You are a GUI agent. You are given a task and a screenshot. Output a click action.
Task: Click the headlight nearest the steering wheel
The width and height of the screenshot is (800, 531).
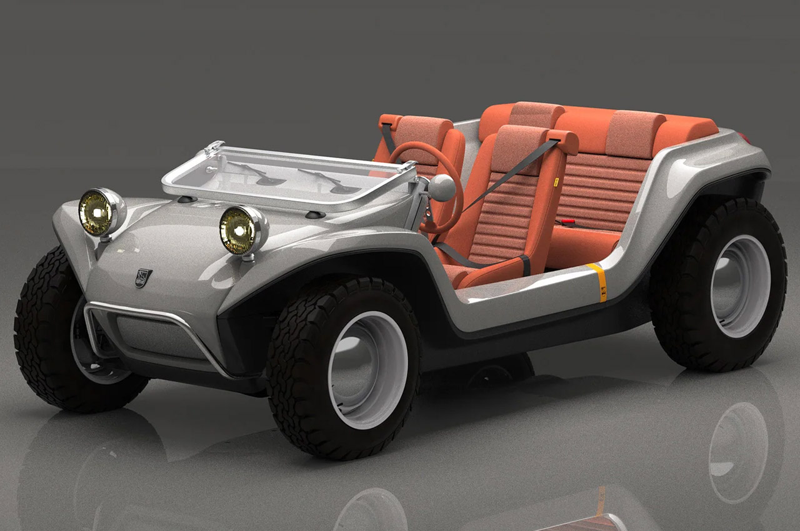coord(243,229)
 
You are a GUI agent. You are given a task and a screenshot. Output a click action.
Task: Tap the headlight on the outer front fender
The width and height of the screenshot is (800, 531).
coord(100,212)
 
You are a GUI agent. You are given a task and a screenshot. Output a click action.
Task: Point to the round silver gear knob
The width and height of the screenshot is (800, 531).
coord(442,188)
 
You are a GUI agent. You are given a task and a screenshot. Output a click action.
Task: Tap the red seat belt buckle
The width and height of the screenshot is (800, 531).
coord(567,221)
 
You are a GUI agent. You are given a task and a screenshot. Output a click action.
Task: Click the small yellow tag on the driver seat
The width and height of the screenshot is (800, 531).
coord(556,182)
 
